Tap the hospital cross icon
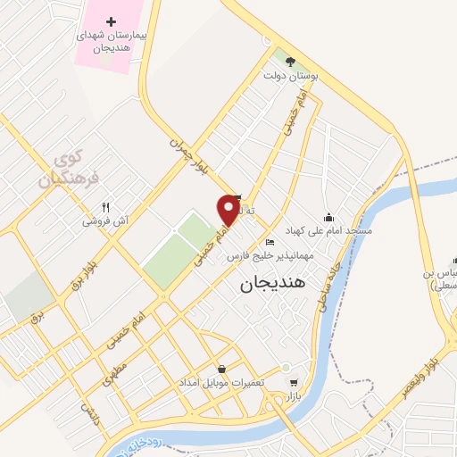coord(111,21)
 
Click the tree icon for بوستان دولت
coord(291,61)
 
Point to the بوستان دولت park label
coord(291,76)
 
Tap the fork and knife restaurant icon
coord(106,206)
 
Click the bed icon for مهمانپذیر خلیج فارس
coord(270,242)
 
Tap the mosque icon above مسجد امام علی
coord(329,217)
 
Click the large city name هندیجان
coord(273,284)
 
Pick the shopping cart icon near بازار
coord(293,381)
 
